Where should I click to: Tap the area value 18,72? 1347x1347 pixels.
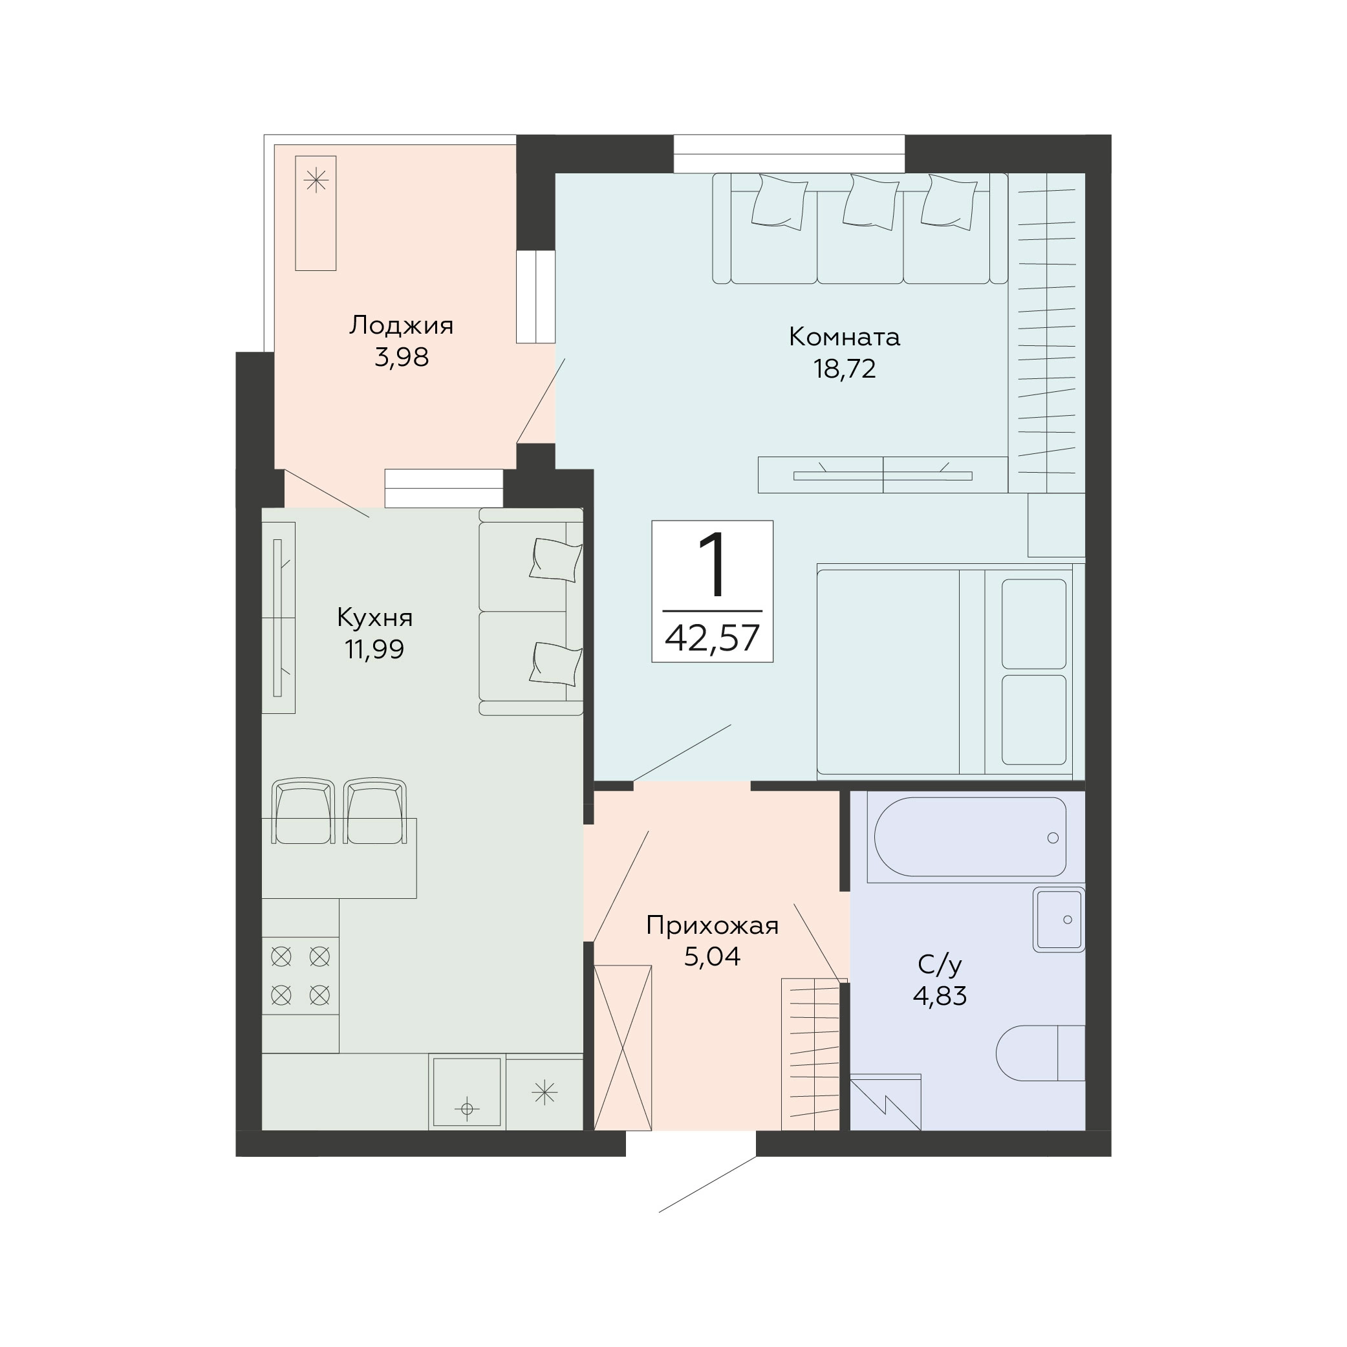pyautogui.click(x=845, y=369)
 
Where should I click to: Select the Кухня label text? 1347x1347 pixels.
pyautogui.click(x=374, y=618)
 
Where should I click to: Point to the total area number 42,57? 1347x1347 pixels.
pyautogui.click(x=712, y=638)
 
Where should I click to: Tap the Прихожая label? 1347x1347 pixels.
pyautogui.click(x=712, y=926)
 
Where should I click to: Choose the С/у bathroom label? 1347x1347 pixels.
pyautogui.click(x=940, y=965)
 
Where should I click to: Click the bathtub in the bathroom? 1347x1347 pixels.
pyautogui.click(x=970, y=837)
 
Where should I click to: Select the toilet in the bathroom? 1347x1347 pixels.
pyautogui.click(x=1040, y=1053)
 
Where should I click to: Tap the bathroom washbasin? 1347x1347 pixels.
pyautogui.click(x=1059, y=920)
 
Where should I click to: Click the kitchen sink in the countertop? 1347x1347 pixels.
pyautogui.click(x=467, y=1092)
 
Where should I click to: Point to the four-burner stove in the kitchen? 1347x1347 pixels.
pyautogui.click(x=301, y=975)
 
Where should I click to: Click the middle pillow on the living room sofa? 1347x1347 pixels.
pyautogui.click(x=870, y=202)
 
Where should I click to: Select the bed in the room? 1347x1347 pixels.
pyautogui.click(x=951, y=671)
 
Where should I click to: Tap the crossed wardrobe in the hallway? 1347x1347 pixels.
pyautogui.click(x=623, y=1047)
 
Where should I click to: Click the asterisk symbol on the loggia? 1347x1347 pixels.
pyautogui.click(x=316, y=180)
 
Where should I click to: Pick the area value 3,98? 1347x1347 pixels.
pyautogui.click(x=402, y=357)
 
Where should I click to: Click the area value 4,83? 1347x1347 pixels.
pyautogui.click(x=940, y=997)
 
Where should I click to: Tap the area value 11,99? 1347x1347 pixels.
pyautogui.click(x=374, y=650)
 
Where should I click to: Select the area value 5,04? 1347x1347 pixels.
pyautogui.click(x=712, y=956)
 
